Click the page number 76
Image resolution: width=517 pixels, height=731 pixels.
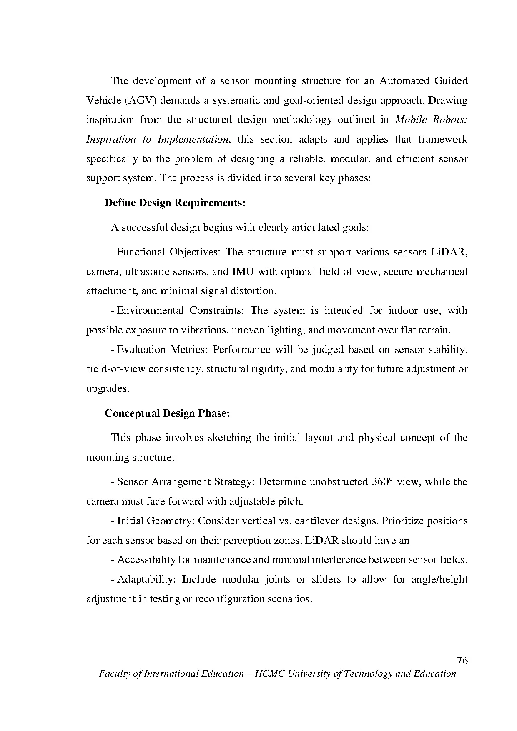[462, 661]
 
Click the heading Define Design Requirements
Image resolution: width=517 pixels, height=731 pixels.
[175, 203]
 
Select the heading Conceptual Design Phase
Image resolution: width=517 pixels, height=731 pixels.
[167, 413]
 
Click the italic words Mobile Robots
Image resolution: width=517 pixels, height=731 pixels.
[431, 120]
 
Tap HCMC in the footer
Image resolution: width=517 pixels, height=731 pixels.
[269, 674]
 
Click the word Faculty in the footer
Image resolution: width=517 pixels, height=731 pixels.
[115, 674]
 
